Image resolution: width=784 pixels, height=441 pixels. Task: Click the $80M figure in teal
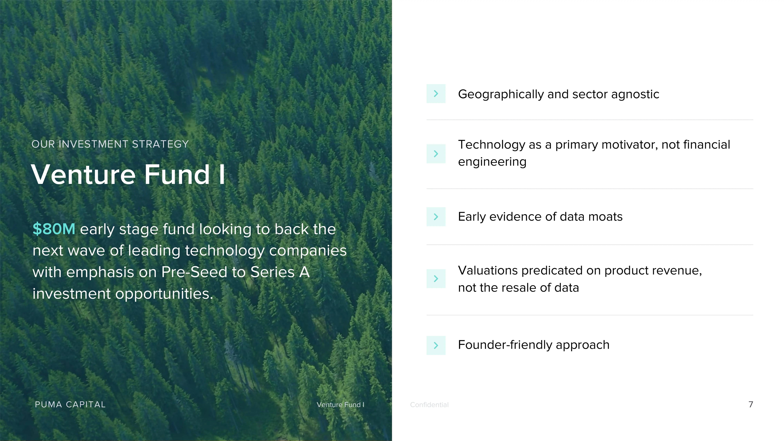coord(54,229)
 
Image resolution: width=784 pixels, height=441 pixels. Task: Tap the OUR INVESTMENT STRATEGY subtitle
coord(110,144)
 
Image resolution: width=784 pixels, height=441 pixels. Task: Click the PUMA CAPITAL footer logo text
coord(70,404)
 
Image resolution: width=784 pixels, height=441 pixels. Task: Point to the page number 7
coord(750,404)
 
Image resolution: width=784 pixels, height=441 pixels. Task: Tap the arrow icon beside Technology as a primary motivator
coord(436,154)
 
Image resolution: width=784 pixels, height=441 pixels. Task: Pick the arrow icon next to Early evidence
coord(436,217)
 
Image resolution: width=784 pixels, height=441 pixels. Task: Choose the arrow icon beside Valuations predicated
coord(436,279)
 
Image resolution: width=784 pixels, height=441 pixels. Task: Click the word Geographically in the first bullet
coord(501,94)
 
